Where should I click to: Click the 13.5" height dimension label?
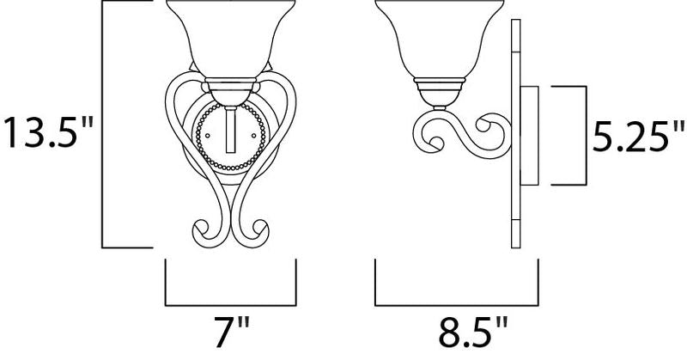tap(48, 132)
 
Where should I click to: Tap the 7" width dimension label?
tap(231, 332)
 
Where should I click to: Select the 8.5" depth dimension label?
tap(473, 332)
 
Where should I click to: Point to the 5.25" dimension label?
tap(638, 137)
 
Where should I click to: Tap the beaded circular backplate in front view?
tap(230, 136)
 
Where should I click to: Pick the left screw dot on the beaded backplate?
tap(207, 135)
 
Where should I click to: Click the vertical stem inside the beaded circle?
tap(230, 130)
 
